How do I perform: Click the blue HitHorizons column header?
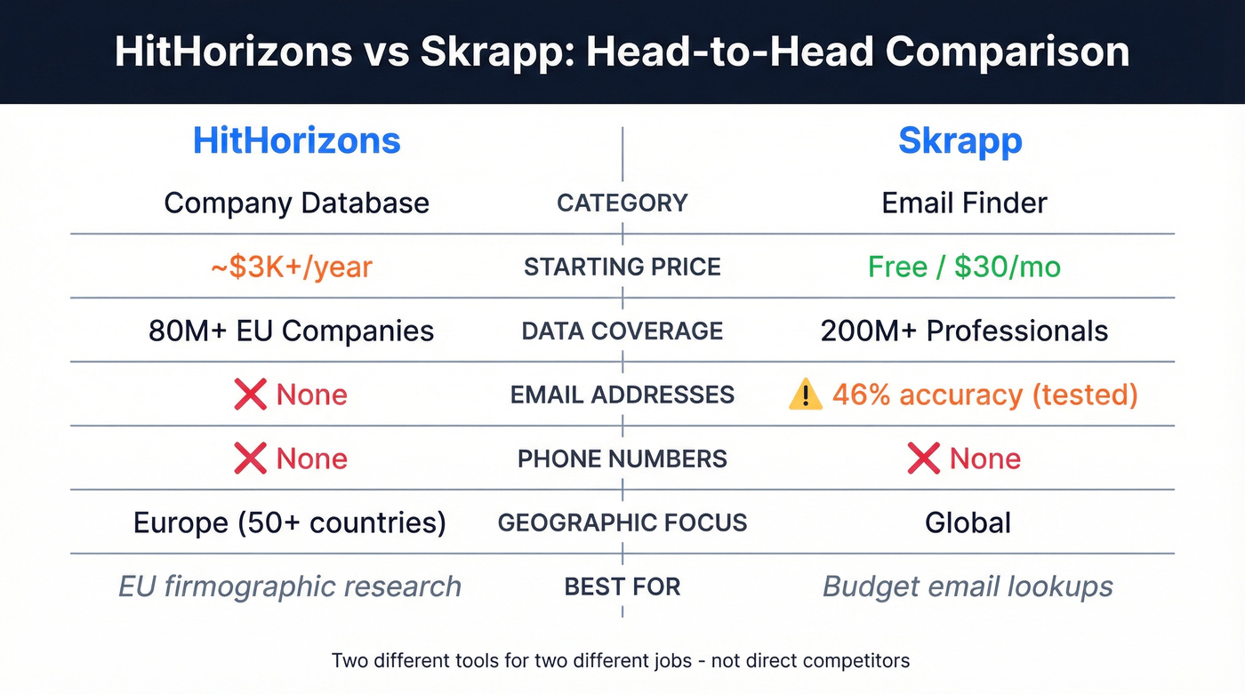[297, 140]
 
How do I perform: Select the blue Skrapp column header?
[960, 140]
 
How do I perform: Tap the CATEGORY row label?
[622, 203]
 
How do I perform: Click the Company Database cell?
[297, 203]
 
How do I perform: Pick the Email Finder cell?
[965, 203]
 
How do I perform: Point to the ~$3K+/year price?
[291, 267]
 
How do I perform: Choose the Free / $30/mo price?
[964, 267]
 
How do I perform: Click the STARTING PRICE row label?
[622, 267]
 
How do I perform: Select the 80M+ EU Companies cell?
[292, 331]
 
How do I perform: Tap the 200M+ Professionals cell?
[964, 331]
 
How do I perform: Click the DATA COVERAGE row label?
[622, 331]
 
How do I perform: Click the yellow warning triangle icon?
[806, 395]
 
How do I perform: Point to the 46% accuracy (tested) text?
[984, 395]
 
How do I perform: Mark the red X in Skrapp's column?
[924, 459]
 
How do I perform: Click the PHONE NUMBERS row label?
[622, 459]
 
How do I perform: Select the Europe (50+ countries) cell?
[290, 522]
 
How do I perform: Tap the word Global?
[968, 522]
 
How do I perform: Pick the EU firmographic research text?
[290, 586]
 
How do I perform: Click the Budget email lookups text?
[968, 586]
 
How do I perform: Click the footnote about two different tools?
[621, 660]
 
